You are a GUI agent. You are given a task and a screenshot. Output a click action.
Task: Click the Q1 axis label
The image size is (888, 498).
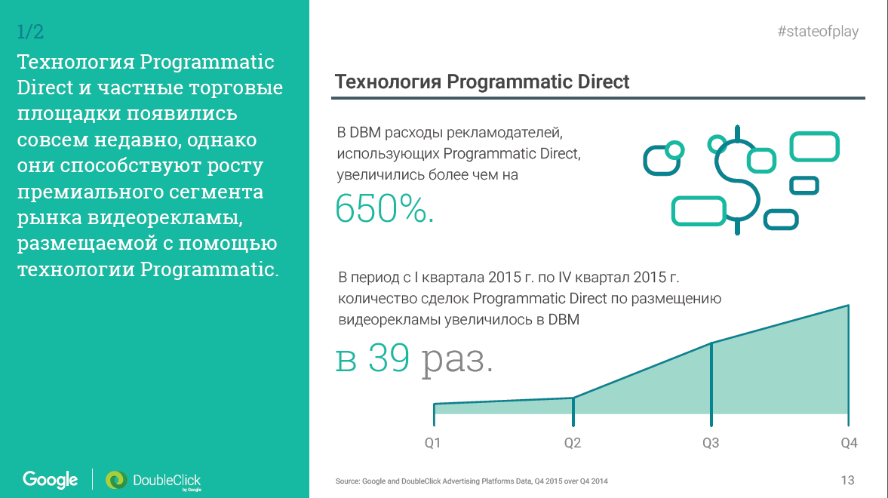432,443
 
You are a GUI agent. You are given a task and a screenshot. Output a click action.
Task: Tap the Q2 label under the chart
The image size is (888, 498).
573,443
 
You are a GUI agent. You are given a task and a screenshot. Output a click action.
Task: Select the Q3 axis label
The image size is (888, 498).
711,443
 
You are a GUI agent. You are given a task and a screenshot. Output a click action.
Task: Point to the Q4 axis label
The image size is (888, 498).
849,443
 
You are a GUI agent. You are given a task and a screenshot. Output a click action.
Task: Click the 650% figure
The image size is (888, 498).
385,208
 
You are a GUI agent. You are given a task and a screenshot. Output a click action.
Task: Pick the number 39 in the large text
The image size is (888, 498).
389,358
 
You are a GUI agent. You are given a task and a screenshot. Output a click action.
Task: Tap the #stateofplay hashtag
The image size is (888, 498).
818,31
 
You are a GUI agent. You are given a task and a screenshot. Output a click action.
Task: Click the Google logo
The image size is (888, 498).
51,480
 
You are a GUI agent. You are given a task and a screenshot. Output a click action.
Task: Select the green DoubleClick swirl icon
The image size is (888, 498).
116,480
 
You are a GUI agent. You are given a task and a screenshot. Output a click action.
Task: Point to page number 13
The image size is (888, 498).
847,481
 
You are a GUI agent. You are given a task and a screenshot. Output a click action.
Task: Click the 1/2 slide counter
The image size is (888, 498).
30,32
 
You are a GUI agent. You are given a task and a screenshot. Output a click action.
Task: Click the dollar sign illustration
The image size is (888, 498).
737,180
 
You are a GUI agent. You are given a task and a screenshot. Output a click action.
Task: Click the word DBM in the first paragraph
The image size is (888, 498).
364,133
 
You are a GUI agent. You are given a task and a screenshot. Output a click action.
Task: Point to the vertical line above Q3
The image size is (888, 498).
711,384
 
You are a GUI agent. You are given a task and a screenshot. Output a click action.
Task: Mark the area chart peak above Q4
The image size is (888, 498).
848,306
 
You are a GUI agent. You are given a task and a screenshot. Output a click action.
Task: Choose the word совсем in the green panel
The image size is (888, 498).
52,140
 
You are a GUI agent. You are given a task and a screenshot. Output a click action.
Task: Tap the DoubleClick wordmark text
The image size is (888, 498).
167,481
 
